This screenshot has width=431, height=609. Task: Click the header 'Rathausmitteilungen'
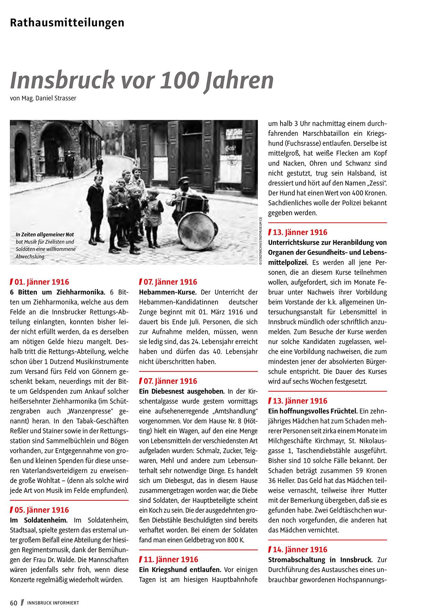[67, 23]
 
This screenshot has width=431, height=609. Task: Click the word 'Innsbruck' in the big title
[63, 80]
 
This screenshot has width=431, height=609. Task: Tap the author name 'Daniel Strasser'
[56, 98]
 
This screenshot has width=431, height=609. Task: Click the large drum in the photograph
[197, 231]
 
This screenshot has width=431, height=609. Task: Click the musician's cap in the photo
[184, 180]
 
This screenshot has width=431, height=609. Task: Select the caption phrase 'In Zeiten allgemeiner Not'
[45, 235]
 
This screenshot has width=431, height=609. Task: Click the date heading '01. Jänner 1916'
[42, 282]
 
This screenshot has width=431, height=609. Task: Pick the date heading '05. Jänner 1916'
[42, 510]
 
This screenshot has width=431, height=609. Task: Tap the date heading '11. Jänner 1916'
[171, 559]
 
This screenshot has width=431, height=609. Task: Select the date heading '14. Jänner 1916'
[300, 550]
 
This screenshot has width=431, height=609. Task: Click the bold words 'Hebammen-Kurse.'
[168, 292]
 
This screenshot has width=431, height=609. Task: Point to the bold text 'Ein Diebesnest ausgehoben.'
[182, 391]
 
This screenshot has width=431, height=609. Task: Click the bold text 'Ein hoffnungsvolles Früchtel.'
[313, 411]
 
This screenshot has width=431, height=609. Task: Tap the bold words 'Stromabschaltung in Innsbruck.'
[320, 560]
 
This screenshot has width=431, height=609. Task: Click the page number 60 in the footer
[14, 603]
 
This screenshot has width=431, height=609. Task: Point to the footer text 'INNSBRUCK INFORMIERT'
[53, 603]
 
